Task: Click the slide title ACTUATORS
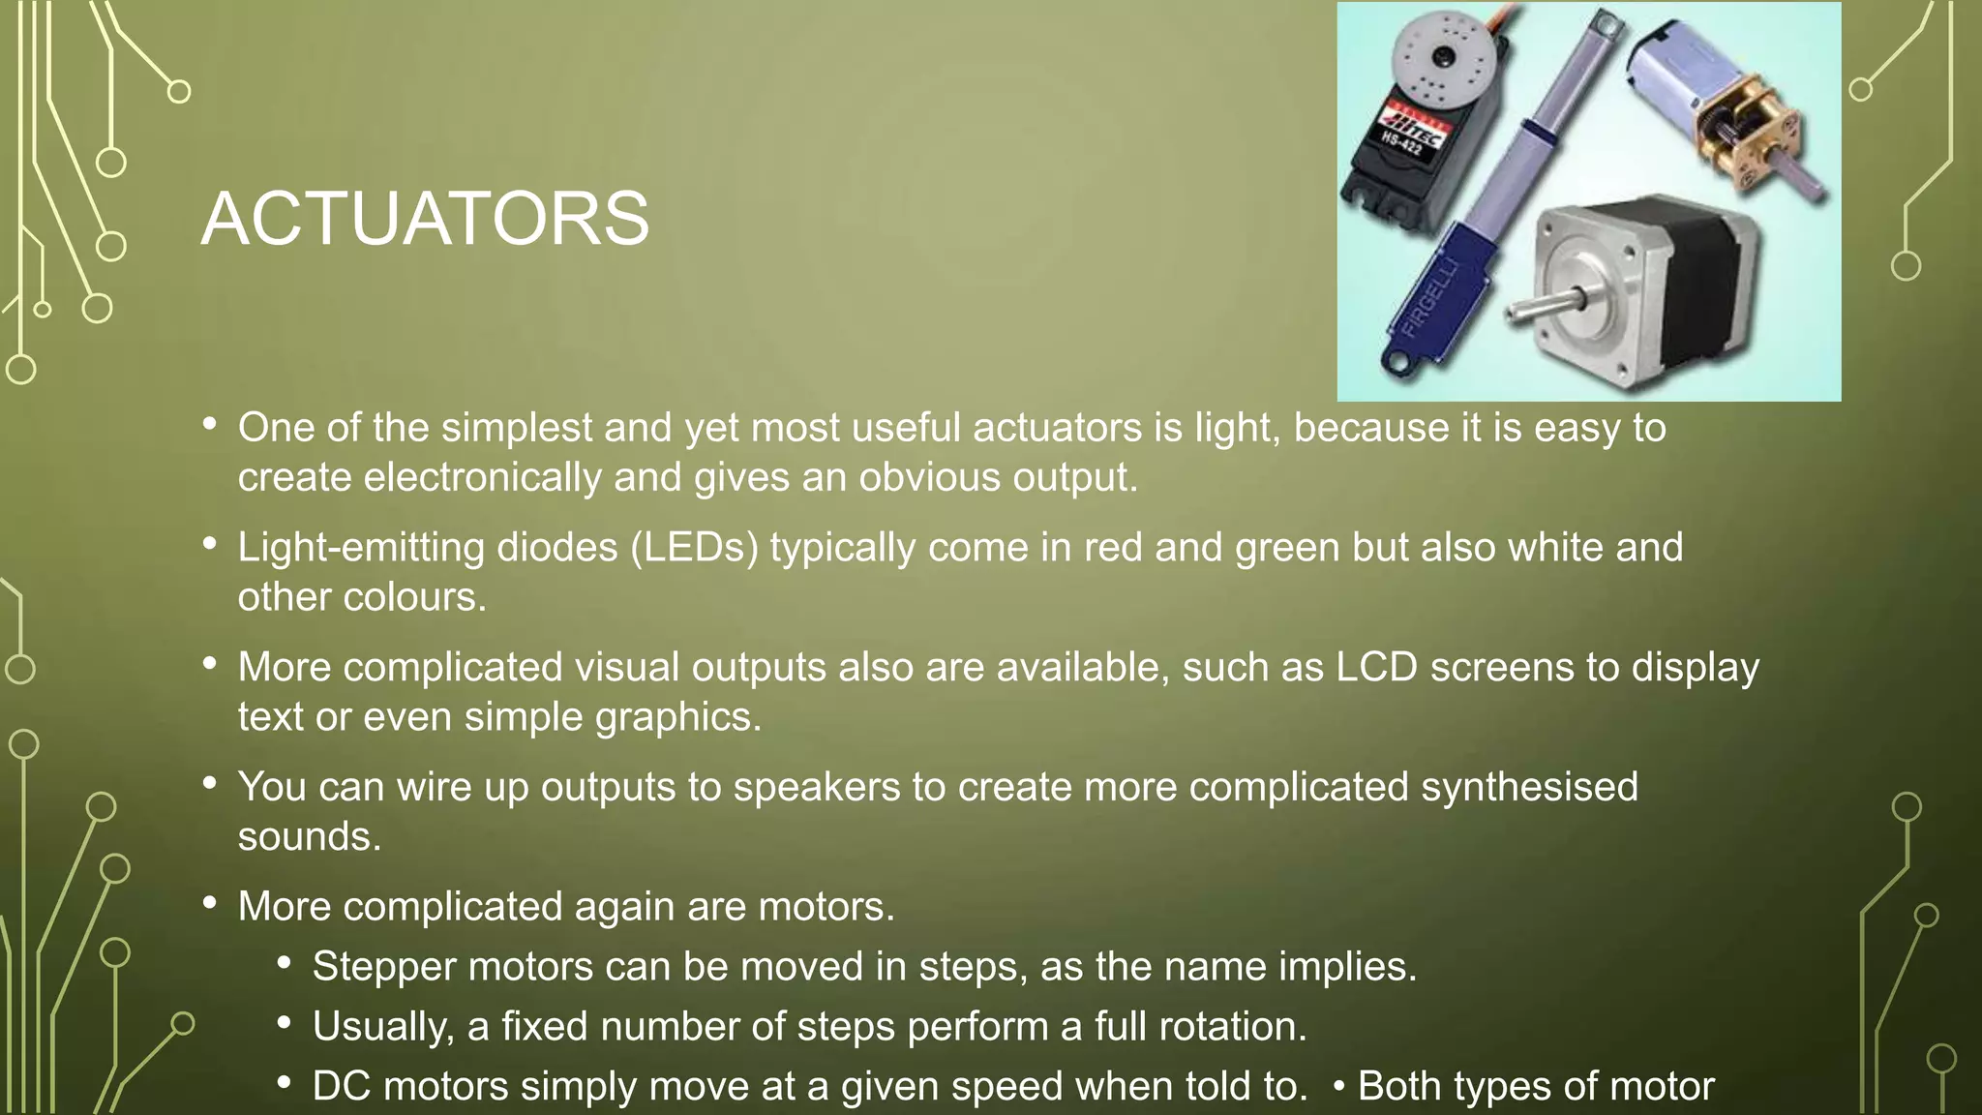[425, 219]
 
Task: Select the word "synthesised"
[1529, 787]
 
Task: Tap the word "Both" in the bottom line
[1399, 1087]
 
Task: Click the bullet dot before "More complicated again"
[210, 904]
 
